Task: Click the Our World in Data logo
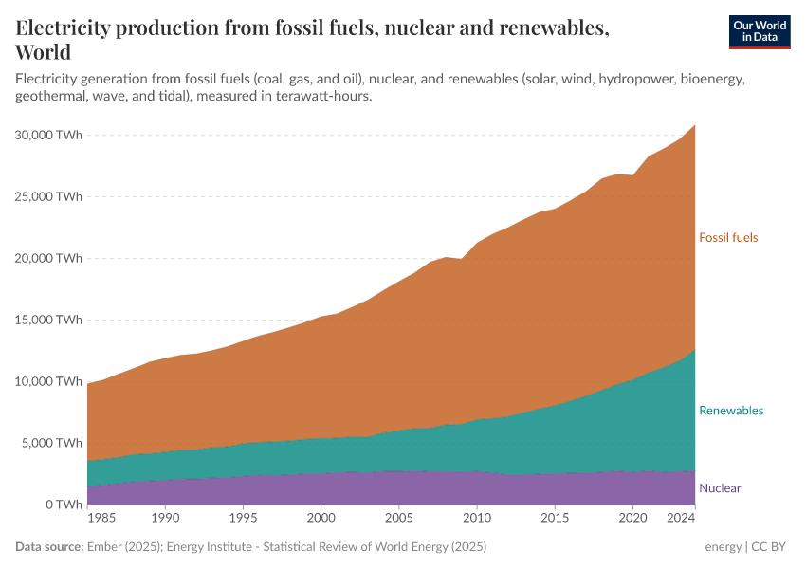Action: (x=759, y=31)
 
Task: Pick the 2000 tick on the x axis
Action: (x=321, y=520)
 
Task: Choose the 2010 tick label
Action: (x=477, y=520)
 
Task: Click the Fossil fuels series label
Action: (x=728, y=238)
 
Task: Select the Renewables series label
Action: (x=730, y=411)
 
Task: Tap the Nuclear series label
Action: (x=720, y=488)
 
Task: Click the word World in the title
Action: (x=44, y=52)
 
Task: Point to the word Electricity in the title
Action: (x=67, y=28)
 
